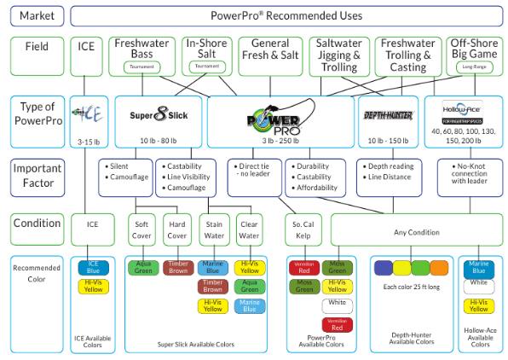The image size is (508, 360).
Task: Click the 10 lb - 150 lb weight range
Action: click(x=388, y=141)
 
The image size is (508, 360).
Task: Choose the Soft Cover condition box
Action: click(x=141, y=228)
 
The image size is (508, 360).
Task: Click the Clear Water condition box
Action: click(x=248, y=228)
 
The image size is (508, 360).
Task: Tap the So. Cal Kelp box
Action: click(x=304, y=228)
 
